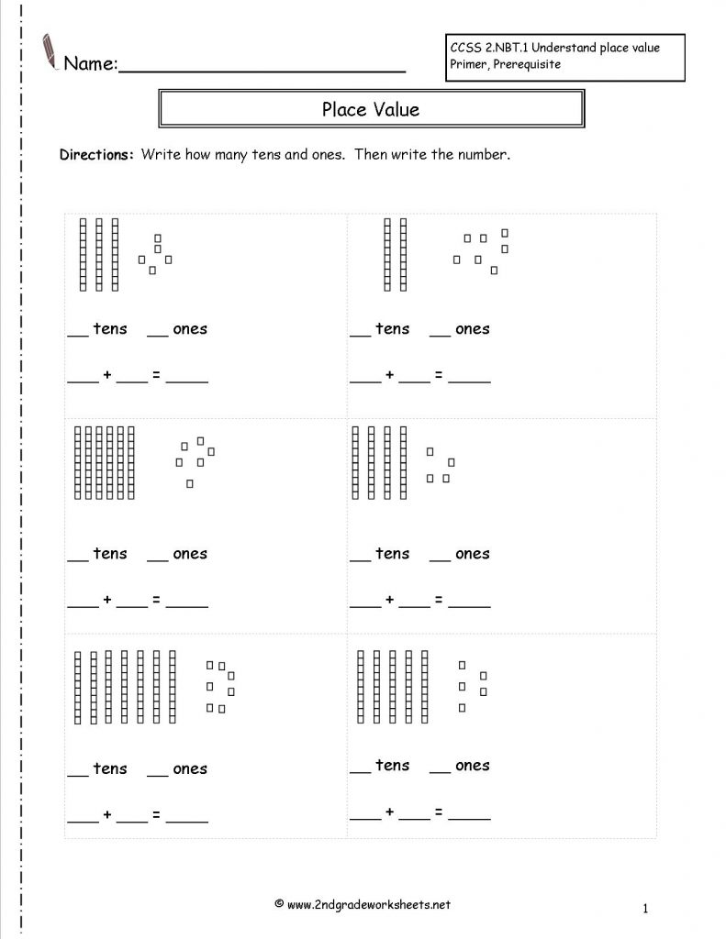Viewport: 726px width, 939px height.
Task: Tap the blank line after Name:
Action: pos(262,70)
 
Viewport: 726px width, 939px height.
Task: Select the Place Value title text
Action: pos(371,109)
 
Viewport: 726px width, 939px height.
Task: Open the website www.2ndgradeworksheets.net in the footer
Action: pos(369,905)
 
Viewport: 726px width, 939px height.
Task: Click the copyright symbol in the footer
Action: pos(278,905)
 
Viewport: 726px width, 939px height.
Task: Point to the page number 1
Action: pos(646,909)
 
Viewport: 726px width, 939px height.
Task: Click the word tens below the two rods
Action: pos(392,328)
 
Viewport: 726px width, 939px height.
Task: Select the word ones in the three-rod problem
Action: pos(190,328)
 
